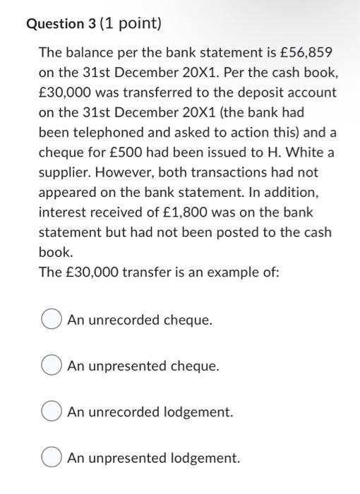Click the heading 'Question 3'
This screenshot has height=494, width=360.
coord(59,24)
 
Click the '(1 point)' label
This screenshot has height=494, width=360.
coord(131,24)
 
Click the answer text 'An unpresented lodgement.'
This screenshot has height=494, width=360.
coord(154,458)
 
